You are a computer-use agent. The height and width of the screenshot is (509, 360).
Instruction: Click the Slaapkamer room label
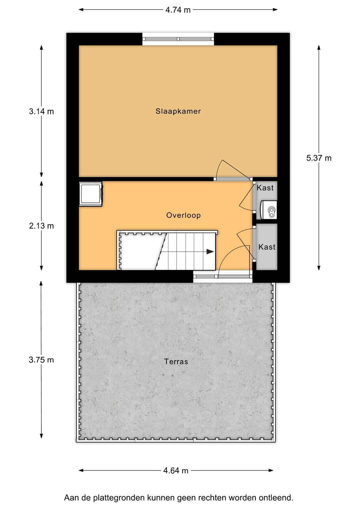point(178,111)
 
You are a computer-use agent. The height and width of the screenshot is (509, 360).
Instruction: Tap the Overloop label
point(183,215)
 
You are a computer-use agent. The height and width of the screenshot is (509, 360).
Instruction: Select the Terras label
point(176,361)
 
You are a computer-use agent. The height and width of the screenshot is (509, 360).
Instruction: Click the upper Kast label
point(265,188)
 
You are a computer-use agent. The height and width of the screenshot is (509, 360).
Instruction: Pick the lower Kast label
point(267,247)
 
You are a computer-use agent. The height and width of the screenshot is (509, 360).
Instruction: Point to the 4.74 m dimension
point(178,10)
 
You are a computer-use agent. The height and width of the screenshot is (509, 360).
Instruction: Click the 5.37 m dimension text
point(319,158)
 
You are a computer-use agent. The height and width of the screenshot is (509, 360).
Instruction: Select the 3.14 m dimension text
point(41,111)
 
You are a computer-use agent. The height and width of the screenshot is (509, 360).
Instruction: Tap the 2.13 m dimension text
point(41,226)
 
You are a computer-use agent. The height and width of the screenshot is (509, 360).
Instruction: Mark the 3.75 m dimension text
point(41,360)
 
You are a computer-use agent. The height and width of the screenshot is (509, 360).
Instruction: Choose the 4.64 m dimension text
point(176,471)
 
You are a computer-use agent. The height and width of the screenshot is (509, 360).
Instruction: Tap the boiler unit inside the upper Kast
point(269,210)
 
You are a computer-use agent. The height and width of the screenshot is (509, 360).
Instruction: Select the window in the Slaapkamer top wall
point(178,39)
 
